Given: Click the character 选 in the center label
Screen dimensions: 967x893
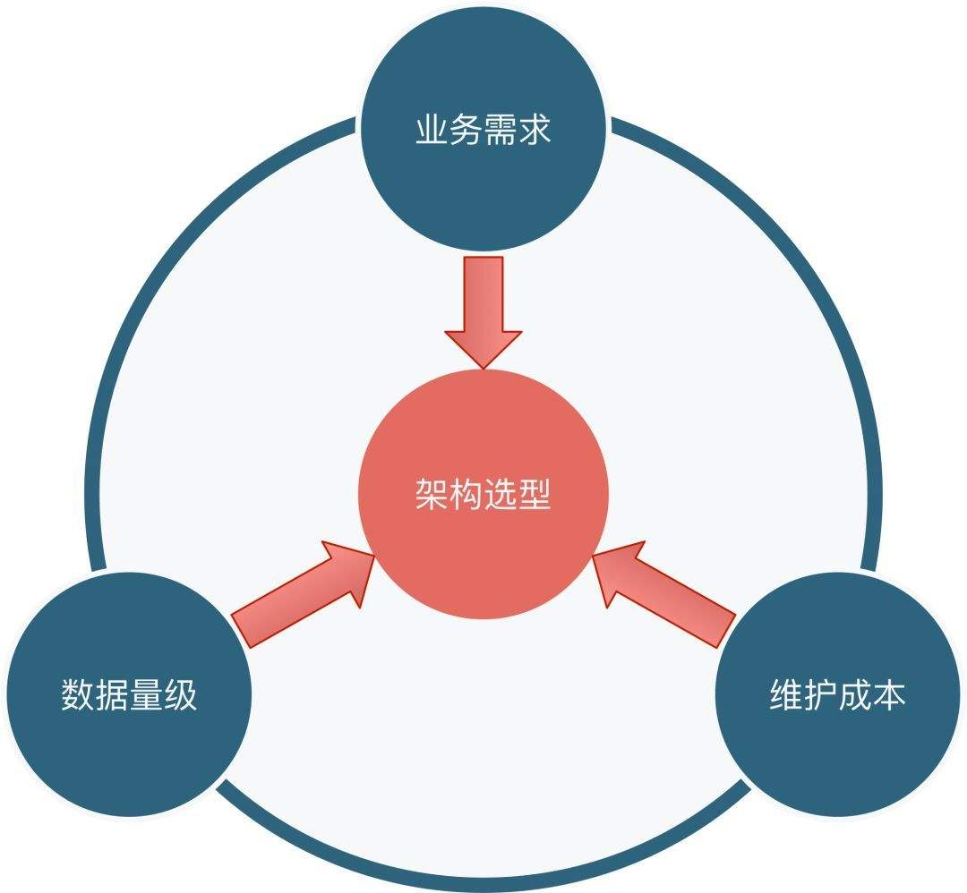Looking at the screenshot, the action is point(501,494).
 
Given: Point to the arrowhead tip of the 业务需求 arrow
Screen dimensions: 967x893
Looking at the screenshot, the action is point(483,365).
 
